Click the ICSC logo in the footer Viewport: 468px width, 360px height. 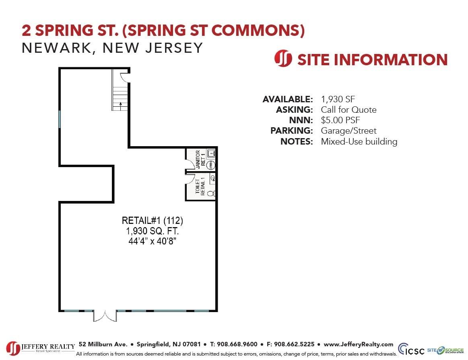click(x=411, y=349)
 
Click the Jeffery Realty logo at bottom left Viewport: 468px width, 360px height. click(x=41, y=348)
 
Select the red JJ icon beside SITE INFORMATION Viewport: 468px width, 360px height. click(x=283, y=59)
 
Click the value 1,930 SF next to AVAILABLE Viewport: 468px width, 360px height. click(x=338, y=99)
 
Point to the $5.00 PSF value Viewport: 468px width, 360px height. click(x=340, y=120)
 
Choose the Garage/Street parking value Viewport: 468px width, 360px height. click(x=348, y=131)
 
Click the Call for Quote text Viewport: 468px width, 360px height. click(x=348, y=110)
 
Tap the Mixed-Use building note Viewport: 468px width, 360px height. click(x=359, y=141)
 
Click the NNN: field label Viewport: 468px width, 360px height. click(x=301, y=120)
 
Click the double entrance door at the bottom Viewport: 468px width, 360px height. click(x=105, y=315)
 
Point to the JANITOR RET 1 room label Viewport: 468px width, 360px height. click(x=200, y=159)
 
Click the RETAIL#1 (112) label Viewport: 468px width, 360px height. click(x=153, y=221)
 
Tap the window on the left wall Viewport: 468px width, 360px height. click(x=60, y=119)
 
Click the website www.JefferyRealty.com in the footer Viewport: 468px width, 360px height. click(x=358, y=344)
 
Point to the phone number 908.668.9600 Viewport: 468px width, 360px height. click(x=237, y=344)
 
